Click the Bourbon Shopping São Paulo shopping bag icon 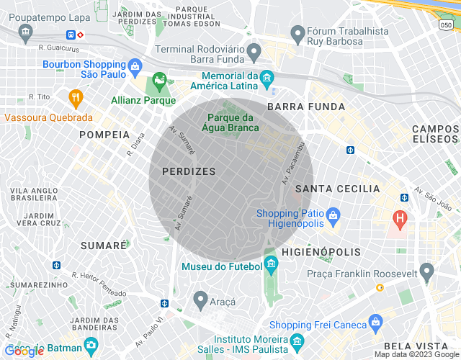[135, 70]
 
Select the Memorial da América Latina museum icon [267, 76]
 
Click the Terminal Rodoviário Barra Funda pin [254, 51]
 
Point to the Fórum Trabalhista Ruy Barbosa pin [297, 32]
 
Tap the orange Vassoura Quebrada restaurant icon [75, 97]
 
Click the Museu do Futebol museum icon [271, 264]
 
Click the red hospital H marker [399, 217]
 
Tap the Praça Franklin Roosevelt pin [426, 271]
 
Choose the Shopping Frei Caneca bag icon [375, 322]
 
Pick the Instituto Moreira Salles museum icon [296, 341]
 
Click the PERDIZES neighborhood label [189, 171]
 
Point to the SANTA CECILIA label [337, 189]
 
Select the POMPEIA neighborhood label [104, 135]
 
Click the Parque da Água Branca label [230, 123]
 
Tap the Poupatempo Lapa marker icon [27, 32]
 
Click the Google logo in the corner [23, 351]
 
